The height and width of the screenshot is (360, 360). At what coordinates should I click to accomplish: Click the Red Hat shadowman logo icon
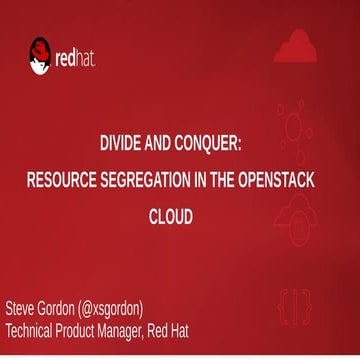[x=40, y=56]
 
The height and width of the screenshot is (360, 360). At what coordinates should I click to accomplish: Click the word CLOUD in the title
[x=179, y=215]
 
